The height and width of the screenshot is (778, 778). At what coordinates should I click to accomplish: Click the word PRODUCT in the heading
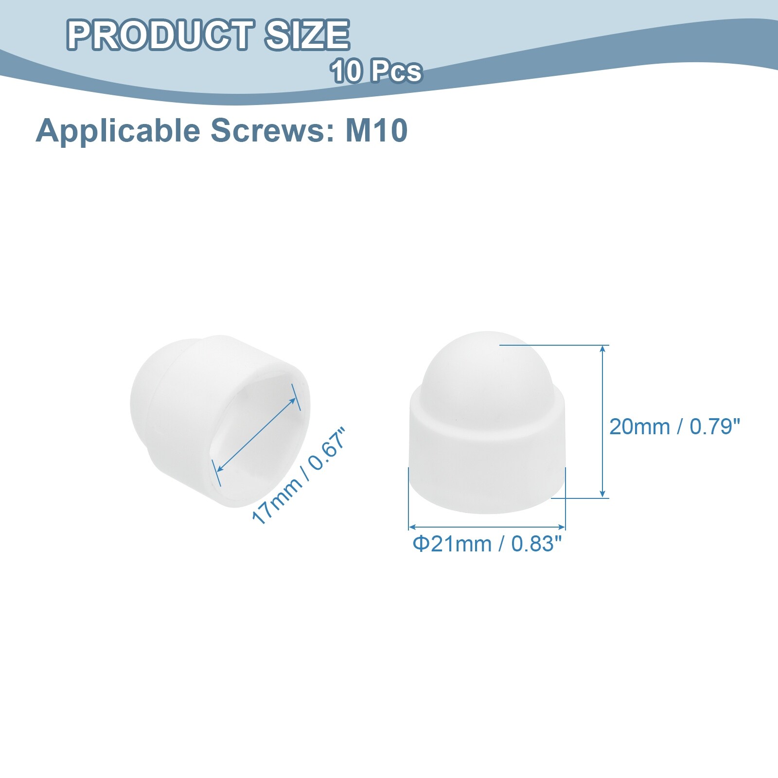(x=159, y=35)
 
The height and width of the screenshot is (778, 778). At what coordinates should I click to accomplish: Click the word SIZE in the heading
(x=307, y=35)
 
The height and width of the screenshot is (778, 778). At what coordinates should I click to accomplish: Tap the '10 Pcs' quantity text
(x=376, y=71)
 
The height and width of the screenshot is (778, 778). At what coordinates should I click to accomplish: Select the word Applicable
(x=117, y=131)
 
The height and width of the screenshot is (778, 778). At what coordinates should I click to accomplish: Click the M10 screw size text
(x=376, y=131)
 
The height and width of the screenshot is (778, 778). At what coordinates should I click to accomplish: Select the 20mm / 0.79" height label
(x=674, y=426)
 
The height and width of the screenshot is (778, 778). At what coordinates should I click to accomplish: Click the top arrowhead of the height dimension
(x=603, y=348)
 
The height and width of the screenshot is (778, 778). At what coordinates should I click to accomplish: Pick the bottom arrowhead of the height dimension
(x=603, y=494)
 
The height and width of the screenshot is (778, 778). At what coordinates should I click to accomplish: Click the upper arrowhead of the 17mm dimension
(x=292, y=401)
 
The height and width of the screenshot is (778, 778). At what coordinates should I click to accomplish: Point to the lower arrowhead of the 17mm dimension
(x=220, y=467)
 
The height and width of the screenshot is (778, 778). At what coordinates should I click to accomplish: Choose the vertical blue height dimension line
(x=603, y=422)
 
